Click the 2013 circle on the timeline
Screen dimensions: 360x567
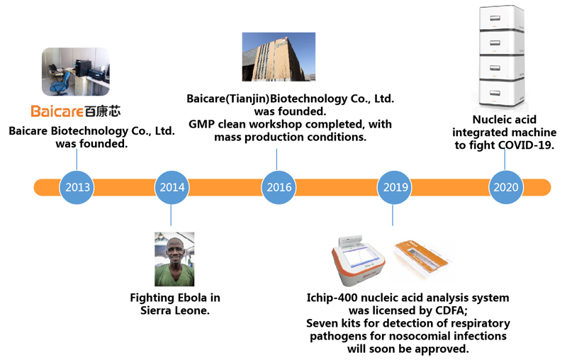pos(77,188)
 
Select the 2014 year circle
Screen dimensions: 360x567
pos(172,188)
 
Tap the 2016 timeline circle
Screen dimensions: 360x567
pos(279,188)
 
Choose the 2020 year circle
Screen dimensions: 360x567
pos(507,188)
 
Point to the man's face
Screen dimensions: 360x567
pos(174,253)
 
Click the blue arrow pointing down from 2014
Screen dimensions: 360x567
pos(172,217)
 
